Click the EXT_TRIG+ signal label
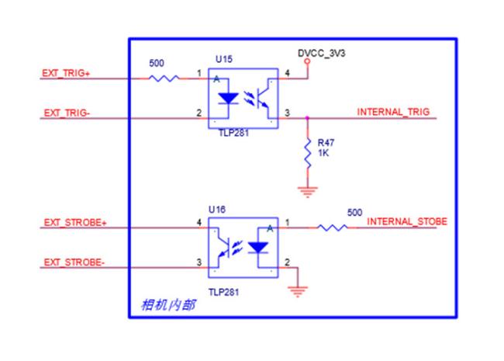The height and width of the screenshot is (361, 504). pos(66,73)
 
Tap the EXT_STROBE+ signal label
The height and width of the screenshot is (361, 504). pos(74,223)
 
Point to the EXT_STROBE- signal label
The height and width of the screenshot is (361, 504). pos(73,263)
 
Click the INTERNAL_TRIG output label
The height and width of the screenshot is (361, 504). pos(392,113)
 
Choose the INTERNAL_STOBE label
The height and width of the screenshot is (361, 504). pos(406,222)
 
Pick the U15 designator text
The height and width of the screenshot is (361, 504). pos(223,59)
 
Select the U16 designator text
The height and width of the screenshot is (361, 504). pos(216,210)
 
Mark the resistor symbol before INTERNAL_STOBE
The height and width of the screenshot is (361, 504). pos(332,227)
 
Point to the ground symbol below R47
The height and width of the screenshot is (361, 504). pos(309,189)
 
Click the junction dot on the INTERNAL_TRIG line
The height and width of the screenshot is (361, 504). pos(309,118)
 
